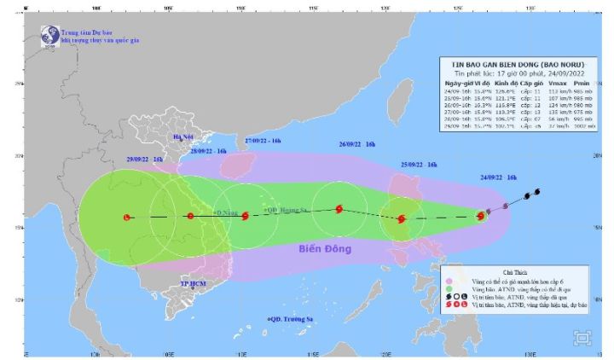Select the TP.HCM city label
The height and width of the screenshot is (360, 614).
pos(194,283)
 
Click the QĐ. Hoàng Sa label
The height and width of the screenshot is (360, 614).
pos(285,209)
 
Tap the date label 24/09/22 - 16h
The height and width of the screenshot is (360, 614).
pos(499,177)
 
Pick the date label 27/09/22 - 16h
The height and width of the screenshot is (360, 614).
pos(262,139)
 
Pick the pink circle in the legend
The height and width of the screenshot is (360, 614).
pos(449,279)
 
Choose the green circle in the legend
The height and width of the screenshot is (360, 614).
pos(449,288)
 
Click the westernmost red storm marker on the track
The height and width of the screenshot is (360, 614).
pos(126,218)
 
